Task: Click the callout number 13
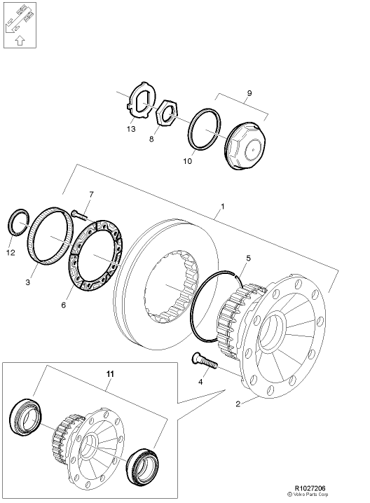click(x=132, y=130)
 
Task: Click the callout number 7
click(x=90, y=193)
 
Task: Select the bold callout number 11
click(x=109, y=375)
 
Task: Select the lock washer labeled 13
click(x=144, y=102)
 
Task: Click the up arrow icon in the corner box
click(x=19, y=41)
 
